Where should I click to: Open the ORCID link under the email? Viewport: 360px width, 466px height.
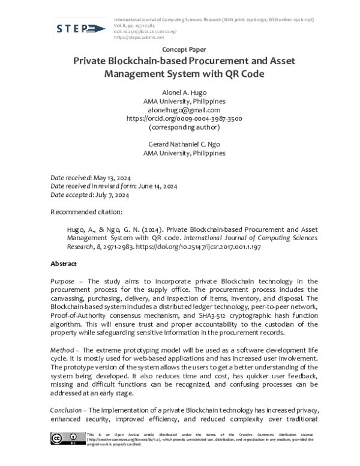[184, 119]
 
